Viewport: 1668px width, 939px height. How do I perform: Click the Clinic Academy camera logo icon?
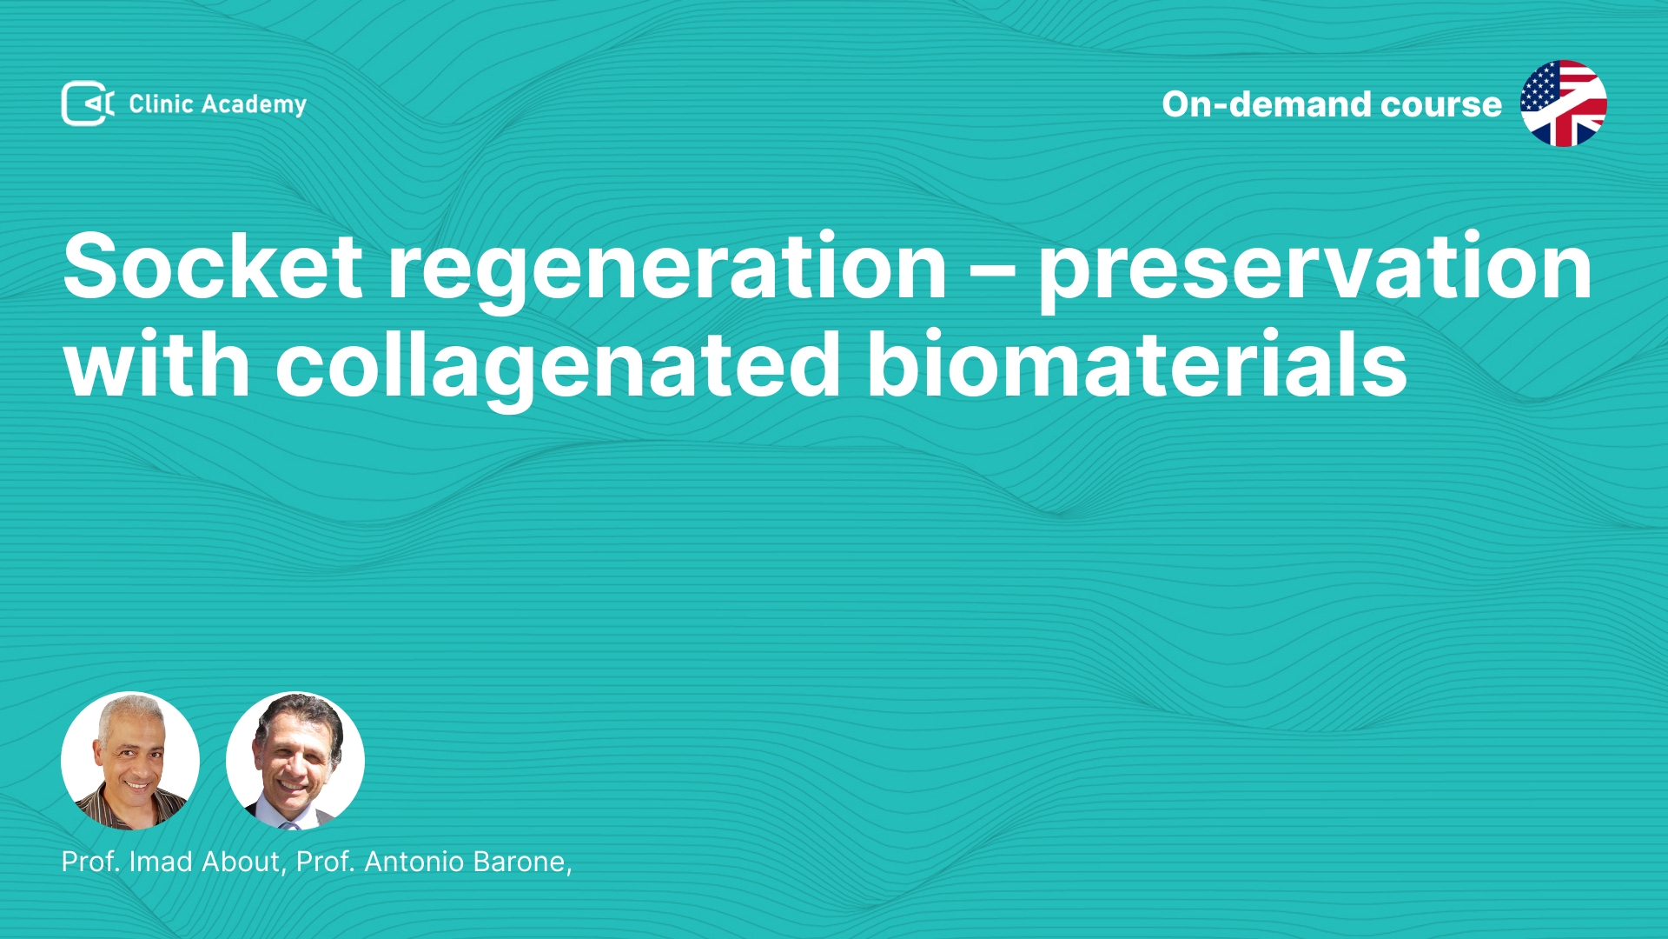point(88,103)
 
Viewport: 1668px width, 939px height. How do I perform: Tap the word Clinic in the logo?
point(161,103)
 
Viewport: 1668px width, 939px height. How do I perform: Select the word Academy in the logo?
point(254,105)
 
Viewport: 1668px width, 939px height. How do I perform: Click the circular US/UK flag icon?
point(1563,103)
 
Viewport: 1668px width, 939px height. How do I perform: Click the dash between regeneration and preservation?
point(992,270)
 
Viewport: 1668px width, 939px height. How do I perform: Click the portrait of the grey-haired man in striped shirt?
point(130,761)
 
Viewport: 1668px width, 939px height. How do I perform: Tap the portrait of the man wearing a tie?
point(295,761)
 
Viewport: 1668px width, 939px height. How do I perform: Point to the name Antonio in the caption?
point(414,862)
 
